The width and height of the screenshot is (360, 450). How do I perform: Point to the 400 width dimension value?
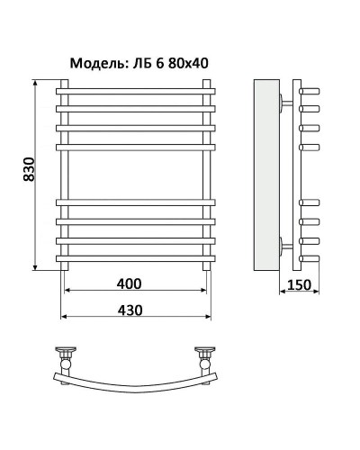[x=130, y=284]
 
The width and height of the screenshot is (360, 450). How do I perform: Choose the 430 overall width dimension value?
[x=130, y=310]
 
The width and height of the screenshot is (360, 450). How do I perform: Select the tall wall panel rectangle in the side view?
[x=266, y=175]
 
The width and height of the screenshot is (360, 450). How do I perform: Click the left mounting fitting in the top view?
[x=67, y=354]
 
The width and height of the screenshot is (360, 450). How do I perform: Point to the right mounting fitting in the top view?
[x=203, y=354]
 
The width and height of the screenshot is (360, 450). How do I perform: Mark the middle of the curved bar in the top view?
[x=135, y=384]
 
